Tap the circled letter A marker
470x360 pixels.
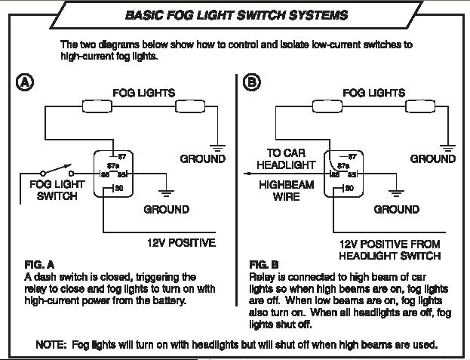point(24,82)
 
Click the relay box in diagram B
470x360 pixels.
point(343,173)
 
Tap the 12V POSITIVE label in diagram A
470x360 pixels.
point(181,243)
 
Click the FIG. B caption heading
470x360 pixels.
point(264,266)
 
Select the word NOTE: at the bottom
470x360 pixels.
point(51,345)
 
